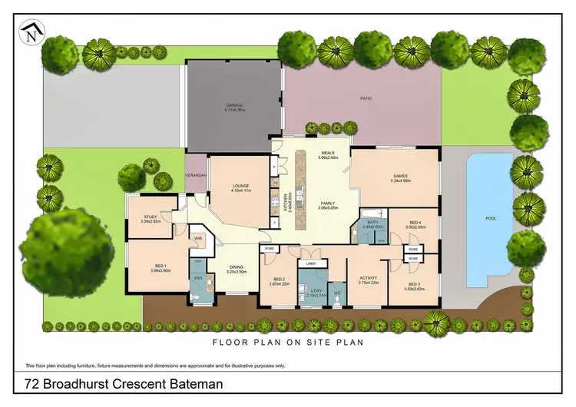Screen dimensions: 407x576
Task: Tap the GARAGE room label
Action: tap(234, 104)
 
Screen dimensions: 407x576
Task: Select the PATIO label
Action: tap(366, 98)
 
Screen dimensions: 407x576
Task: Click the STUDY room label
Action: tap(150, 217)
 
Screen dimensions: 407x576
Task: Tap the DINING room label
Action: tap(236, 267)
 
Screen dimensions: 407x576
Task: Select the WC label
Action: tap(336, 293)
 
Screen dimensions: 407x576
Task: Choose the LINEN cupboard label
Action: tap(311, 263)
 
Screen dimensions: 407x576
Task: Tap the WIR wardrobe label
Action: tap(197, 238)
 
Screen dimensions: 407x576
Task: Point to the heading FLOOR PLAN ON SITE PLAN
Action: tap(288, 342)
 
